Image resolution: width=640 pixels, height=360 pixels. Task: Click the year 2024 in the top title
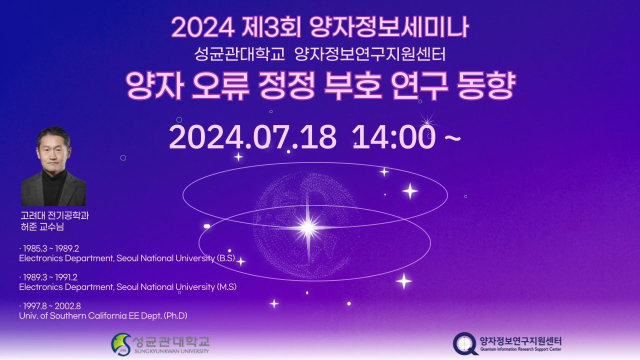coord(202,28)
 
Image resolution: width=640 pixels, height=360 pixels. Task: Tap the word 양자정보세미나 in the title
coord(389,28)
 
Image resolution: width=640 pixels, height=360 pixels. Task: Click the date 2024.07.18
coord(252,137)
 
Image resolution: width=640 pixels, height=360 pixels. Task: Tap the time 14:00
coord(393,137)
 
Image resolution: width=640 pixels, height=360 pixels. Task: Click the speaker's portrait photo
coord(53,166)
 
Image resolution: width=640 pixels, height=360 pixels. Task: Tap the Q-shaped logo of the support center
coord(465,344)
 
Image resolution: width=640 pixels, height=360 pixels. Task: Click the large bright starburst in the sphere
coord(307,227)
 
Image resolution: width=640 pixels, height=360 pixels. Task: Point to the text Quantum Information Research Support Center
coord(520,349)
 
